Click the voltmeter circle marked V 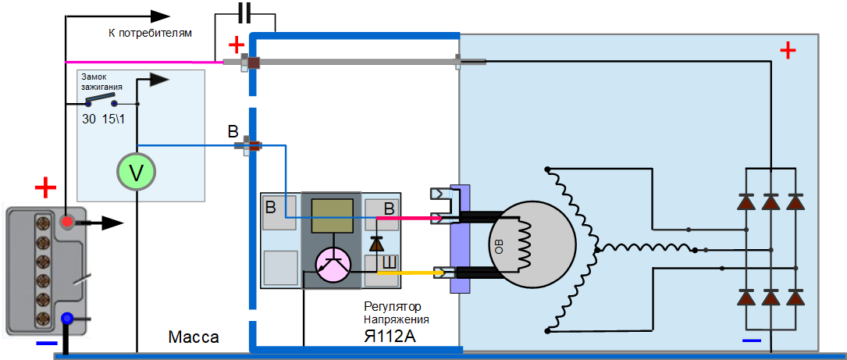point(137,172)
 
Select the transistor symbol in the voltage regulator point(336,266)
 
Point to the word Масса point(194,338)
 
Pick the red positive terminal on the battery point(68,223)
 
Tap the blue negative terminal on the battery point(68,319)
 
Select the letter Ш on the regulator point(389,262)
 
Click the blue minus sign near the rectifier point(751,340)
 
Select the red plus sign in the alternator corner point(788,52)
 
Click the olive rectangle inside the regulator point(331,216)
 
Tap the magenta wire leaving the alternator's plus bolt point(141,62)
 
